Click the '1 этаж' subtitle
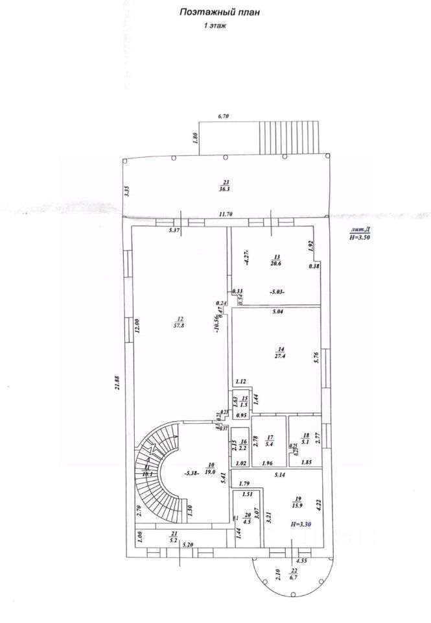click(x=214, y=27)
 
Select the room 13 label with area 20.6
click(x=276, y=260)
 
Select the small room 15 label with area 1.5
click(x=244, y=402)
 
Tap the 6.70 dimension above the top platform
click(x=224, y=116)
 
